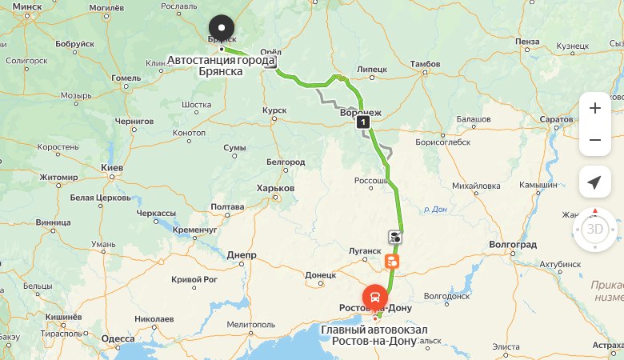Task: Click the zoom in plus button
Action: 594,107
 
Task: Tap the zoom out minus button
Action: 594,140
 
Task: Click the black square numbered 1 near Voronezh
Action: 364,122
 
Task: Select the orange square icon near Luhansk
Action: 391,261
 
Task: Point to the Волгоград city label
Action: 513,244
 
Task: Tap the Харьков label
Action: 276,188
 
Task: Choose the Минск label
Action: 27,6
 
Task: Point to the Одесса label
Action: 118,338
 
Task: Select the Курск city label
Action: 274,110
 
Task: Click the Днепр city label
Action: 241,255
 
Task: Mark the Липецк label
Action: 372,70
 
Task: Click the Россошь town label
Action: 371,181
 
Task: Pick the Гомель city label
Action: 126,78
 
